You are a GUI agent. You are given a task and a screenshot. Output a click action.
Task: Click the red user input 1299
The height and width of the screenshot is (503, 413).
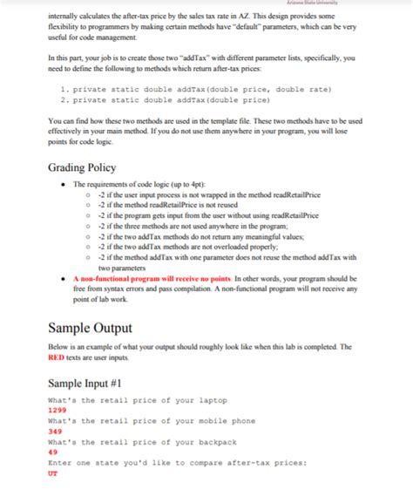tap(57, 409)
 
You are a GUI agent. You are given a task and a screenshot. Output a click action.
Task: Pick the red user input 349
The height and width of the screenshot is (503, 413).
tap(54, 431)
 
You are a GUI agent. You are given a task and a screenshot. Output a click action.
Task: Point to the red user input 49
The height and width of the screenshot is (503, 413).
tap(52, 452)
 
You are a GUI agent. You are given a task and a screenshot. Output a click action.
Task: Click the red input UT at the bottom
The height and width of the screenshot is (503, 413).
tap(52, 473)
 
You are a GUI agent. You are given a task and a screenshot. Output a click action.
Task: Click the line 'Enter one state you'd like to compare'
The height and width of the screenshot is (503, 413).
tap(175, 463)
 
